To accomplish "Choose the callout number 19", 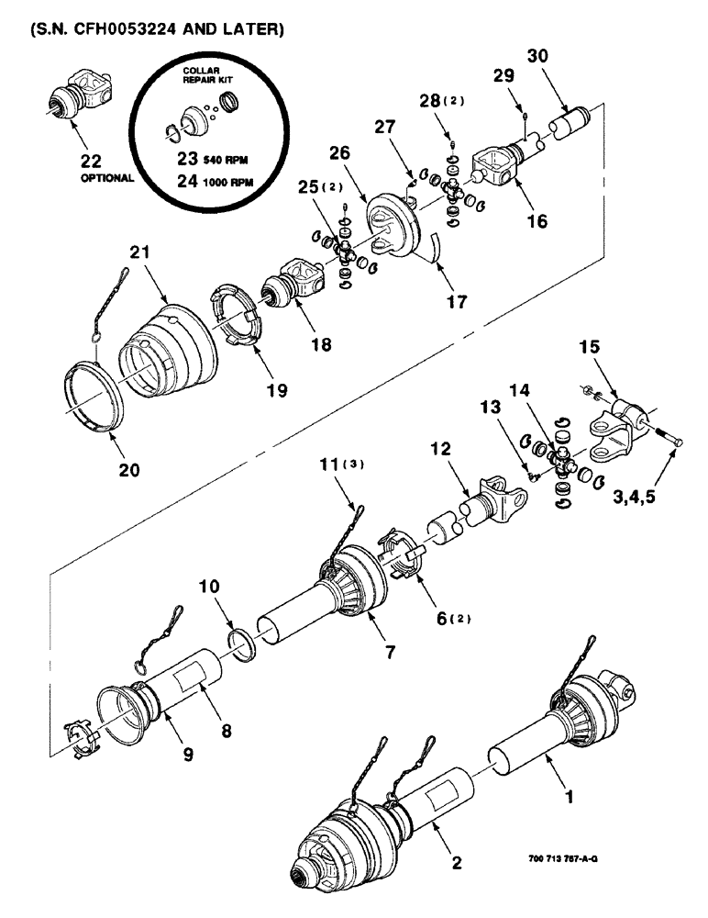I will click(276, 390).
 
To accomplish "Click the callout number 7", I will click(389, 653).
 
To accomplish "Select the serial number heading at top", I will click(152, 29).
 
